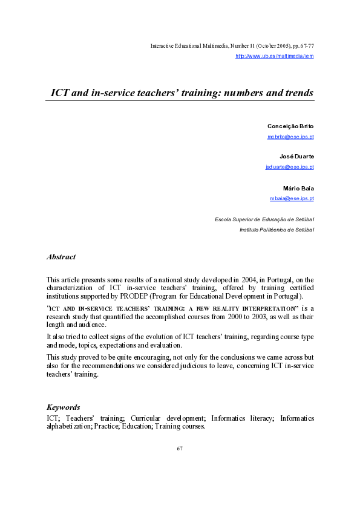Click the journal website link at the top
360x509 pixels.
point(274,56)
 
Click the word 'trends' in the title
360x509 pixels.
point(296,93)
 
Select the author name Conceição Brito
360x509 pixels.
point(290,126)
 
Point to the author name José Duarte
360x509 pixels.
point(296,157)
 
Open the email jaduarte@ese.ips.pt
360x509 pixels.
point(289,167)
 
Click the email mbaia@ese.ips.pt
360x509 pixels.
point(292,198)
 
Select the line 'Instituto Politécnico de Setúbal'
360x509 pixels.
point(277,230)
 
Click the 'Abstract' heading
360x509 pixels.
point(61,257)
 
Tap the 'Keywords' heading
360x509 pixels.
point(63,407)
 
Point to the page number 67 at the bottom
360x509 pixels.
point(180,449)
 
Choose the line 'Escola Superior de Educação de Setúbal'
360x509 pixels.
point(264,219)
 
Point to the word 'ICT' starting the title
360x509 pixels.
point(59,93)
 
